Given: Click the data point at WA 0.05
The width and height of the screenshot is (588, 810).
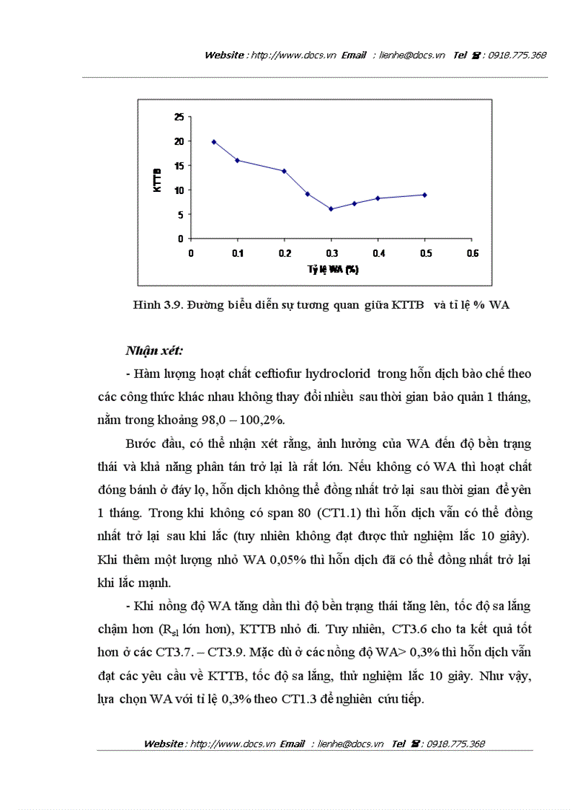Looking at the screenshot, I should click(214, 142).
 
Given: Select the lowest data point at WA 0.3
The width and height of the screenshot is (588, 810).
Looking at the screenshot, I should click(331, 209).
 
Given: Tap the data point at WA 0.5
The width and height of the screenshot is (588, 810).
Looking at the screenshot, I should click(425, 195).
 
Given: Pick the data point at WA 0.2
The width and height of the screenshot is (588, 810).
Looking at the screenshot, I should click(284, 171).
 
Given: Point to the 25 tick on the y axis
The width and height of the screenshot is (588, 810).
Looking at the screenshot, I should click(179, 117).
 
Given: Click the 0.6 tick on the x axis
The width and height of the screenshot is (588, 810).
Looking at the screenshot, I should click(473, 253).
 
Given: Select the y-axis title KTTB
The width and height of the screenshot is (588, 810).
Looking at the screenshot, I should click(158, 177).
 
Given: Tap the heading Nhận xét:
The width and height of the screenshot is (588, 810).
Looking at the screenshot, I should click(154, 351).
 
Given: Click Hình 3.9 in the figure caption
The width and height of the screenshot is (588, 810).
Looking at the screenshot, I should click(156, 305).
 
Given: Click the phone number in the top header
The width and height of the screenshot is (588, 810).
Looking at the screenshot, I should click(517, 56).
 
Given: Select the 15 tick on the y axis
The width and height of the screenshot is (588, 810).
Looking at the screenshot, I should click(179, 166).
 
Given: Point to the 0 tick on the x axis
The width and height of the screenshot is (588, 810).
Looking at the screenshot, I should click(191, 253).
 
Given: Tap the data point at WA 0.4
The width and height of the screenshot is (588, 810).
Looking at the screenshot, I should click(378, 198).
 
